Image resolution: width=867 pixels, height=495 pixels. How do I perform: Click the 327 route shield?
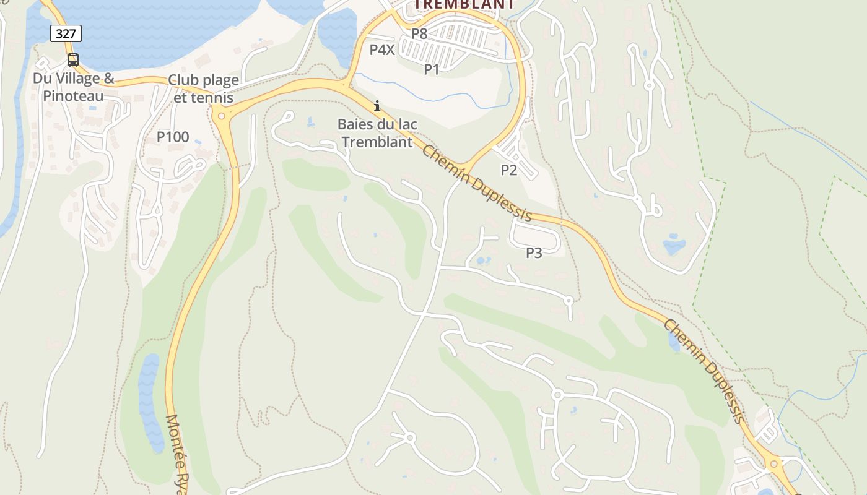(x=66, y=33)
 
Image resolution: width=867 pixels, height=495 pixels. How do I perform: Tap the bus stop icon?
(x=72, y=60)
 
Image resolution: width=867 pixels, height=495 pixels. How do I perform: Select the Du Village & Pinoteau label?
(x=74, y=87)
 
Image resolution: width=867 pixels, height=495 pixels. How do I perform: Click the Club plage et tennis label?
(x=204, y=89)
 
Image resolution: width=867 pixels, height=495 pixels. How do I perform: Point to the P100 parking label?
(x=173, y=137)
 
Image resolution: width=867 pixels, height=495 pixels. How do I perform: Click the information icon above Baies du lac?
(x=377, y=106)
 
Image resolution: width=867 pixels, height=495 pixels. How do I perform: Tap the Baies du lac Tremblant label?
(x=377, y=133)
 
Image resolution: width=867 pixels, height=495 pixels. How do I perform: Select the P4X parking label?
(x=382, y=50)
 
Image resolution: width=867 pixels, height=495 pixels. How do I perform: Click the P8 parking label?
(x=419, y=34)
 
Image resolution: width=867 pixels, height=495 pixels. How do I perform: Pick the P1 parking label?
(x=432, y=69)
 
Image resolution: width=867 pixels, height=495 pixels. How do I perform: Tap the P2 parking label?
(x=509, y=170)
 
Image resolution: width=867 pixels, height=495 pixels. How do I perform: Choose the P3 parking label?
(x=534, y=252)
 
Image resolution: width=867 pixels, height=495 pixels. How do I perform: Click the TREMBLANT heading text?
(x=464, y=4)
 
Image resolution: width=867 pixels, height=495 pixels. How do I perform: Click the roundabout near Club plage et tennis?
(x=221, y=116)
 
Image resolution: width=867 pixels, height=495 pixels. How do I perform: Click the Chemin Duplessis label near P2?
(x=477, y=183)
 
